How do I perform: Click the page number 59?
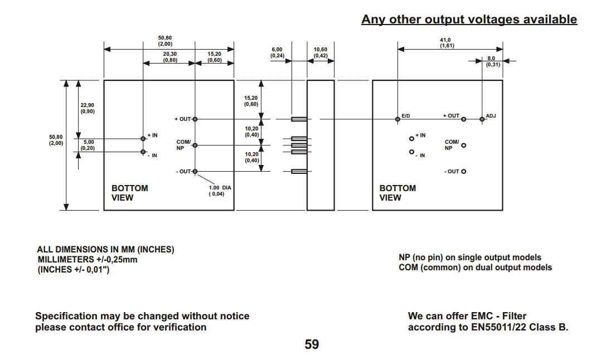312,344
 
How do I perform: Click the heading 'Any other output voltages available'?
469,20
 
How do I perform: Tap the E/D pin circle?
397,119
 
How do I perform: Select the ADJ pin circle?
482,119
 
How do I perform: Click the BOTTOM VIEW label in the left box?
130,193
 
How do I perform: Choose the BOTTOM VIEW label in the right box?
397,193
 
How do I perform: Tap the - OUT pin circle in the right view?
464,172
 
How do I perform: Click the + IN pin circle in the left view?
143,138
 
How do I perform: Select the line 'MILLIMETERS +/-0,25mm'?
87,260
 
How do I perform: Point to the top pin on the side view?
299,119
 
